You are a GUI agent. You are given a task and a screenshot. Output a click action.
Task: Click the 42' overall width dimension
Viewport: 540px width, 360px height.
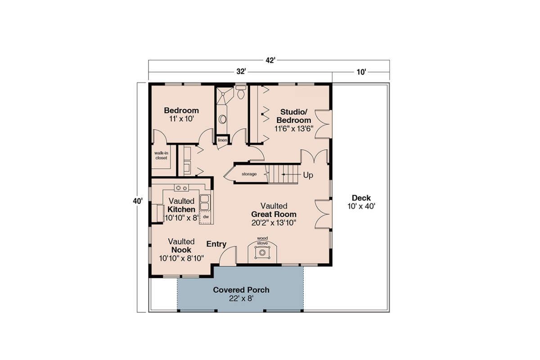270,60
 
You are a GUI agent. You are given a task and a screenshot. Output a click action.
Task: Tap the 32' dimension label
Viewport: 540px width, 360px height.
241,72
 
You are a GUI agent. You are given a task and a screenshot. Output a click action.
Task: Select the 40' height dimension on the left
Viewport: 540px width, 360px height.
138,201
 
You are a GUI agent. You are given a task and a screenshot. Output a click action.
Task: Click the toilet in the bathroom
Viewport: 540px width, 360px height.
241,92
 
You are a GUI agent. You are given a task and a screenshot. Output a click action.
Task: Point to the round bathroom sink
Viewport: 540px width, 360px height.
222,119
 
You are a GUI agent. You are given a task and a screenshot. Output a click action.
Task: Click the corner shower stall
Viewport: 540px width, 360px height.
225,96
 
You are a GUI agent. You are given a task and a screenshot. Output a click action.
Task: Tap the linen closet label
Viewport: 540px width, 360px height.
222,140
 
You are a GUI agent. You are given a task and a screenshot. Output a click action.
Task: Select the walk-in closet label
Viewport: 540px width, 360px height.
161,156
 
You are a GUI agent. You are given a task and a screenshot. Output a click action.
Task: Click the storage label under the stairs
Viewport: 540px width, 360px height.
249,174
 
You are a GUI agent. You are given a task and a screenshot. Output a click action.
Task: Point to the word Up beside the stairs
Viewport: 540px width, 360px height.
308,175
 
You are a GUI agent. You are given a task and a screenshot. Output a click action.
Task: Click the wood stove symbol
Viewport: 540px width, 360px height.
262,253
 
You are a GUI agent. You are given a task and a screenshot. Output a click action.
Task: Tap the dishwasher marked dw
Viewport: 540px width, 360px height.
206,217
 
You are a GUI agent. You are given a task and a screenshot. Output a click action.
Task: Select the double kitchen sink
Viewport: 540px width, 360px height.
205,202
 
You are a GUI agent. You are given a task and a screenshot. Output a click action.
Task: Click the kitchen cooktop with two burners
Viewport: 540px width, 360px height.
181,188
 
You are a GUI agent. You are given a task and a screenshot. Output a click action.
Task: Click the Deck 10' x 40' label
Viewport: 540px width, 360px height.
361,202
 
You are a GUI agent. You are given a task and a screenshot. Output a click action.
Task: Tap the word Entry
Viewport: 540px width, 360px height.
216,244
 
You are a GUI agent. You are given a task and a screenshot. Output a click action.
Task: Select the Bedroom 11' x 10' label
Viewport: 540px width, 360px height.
181,115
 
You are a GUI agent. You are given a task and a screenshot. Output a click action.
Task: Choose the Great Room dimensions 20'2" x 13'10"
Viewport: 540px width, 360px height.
274,223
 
